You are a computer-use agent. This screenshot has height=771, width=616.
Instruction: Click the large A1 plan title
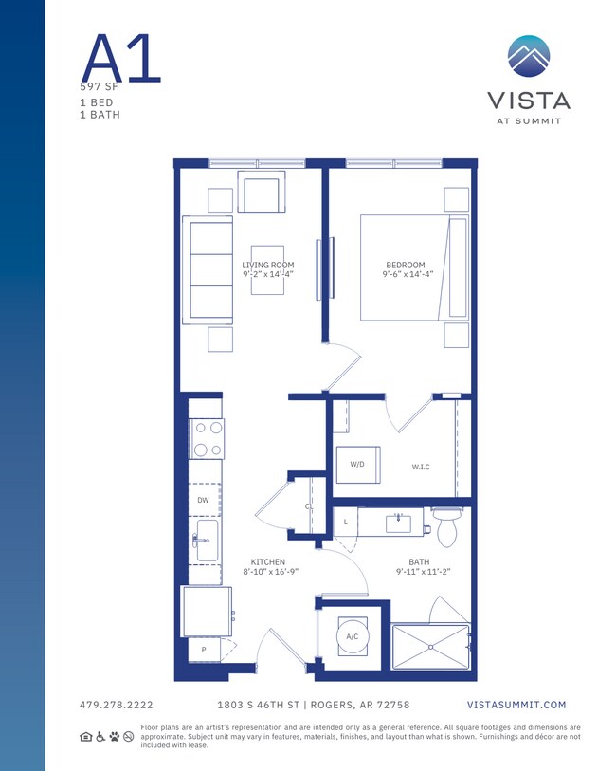pyautogui.click(x=120, y=59)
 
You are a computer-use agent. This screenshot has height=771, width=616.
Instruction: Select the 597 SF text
pyautogui.click(x=100, y=86)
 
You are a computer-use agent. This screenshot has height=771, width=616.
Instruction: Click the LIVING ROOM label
pyautogui.click(x=268, y=266)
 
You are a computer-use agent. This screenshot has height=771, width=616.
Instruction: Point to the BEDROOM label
pyautogui.click(x=405, y=266)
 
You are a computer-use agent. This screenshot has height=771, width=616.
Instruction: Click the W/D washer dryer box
pyautogui.click(x=358, y=465)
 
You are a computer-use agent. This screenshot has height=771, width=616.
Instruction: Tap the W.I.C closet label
pyautogui.click(x=421, y=467)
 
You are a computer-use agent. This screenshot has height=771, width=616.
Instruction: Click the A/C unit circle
pyautogui.click(x=351, y=636)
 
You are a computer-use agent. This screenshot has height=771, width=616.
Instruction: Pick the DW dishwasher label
pyautogui.click(x=203, y=500)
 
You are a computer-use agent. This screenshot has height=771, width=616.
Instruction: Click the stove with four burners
pyautogui.click(x=207, y=439)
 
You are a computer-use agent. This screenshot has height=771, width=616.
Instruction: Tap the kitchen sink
pyautogui.click(x=206, y=541)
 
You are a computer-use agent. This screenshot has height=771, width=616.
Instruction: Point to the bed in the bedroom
pyautogui.click(x=413, y=267)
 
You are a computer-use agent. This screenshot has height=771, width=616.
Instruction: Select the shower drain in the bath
pyautogui.click(x=432, y=647)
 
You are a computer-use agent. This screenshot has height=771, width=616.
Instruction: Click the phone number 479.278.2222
pyautogui.click(x=117, y=706)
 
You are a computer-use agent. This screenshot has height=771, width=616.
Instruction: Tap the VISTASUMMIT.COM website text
pyautogui.click(x=516, y=706)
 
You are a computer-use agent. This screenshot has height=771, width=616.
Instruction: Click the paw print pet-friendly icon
pyautogui.click(x=114, y=736)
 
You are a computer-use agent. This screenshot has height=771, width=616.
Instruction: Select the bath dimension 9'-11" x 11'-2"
pyautogui.click(x=422, y=572)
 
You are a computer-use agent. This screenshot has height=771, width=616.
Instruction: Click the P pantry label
pyautogui.click(x=204, y=650)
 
